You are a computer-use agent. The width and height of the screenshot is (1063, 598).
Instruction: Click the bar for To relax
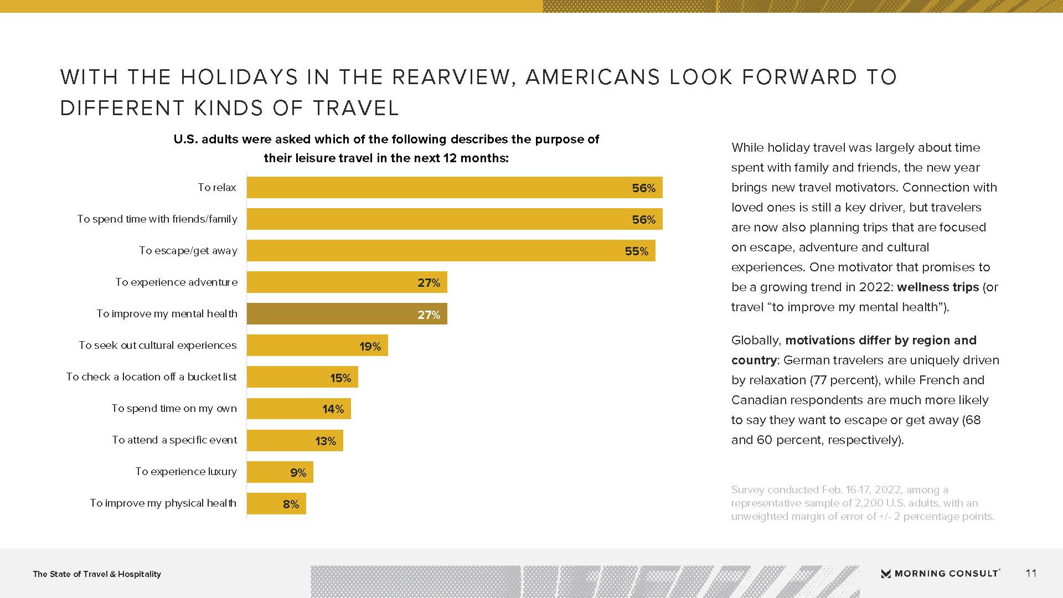[x=454, y=188]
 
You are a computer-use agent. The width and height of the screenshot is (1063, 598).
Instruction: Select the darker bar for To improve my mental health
[x=347, y=314]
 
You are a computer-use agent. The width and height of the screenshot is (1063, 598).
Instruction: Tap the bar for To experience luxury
[x=280, y=472]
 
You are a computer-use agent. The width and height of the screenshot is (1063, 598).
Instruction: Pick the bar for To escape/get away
[x=451, y=251]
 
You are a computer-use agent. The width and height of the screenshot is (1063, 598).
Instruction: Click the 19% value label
[x=370, y=347]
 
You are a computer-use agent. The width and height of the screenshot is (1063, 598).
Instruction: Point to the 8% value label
[x=291, y=504]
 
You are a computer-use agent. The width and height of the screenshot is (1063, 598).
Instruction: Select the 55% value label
[x=636, y=251]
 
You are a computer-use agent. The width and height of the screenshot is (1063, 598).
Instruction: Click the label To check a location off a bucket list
[x=151, y=377]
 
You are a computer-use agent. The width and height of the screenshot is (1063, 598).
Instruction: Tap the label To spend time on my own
[x=174, y=409]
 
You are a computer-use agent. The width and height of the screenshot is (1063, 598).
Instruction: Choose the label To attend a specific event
[x=174, y=440]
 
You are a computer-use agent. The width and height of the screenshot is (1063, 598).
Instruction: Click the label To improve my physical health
[x=163, y=503]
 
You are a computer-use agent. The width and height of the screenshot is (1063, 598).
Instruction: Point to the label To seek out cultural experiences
[x=158, y=346]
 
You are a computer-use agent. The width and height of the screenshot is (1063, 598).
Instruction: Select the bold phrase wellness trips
[x=938, y=287]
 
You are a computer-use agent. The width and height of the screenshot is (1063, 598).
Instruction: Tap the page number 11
[x=1031, y=573]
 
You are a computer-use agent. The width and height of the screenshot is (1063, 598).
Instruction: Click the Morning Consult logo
[x=940, y=573]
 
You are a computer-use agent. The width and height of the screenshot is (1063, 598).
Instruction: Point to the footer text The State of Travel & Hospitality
[x=97, y=574]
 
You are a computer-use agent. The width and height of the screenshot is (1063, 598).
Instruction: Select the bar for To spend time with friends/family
[x=454, y=219]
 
